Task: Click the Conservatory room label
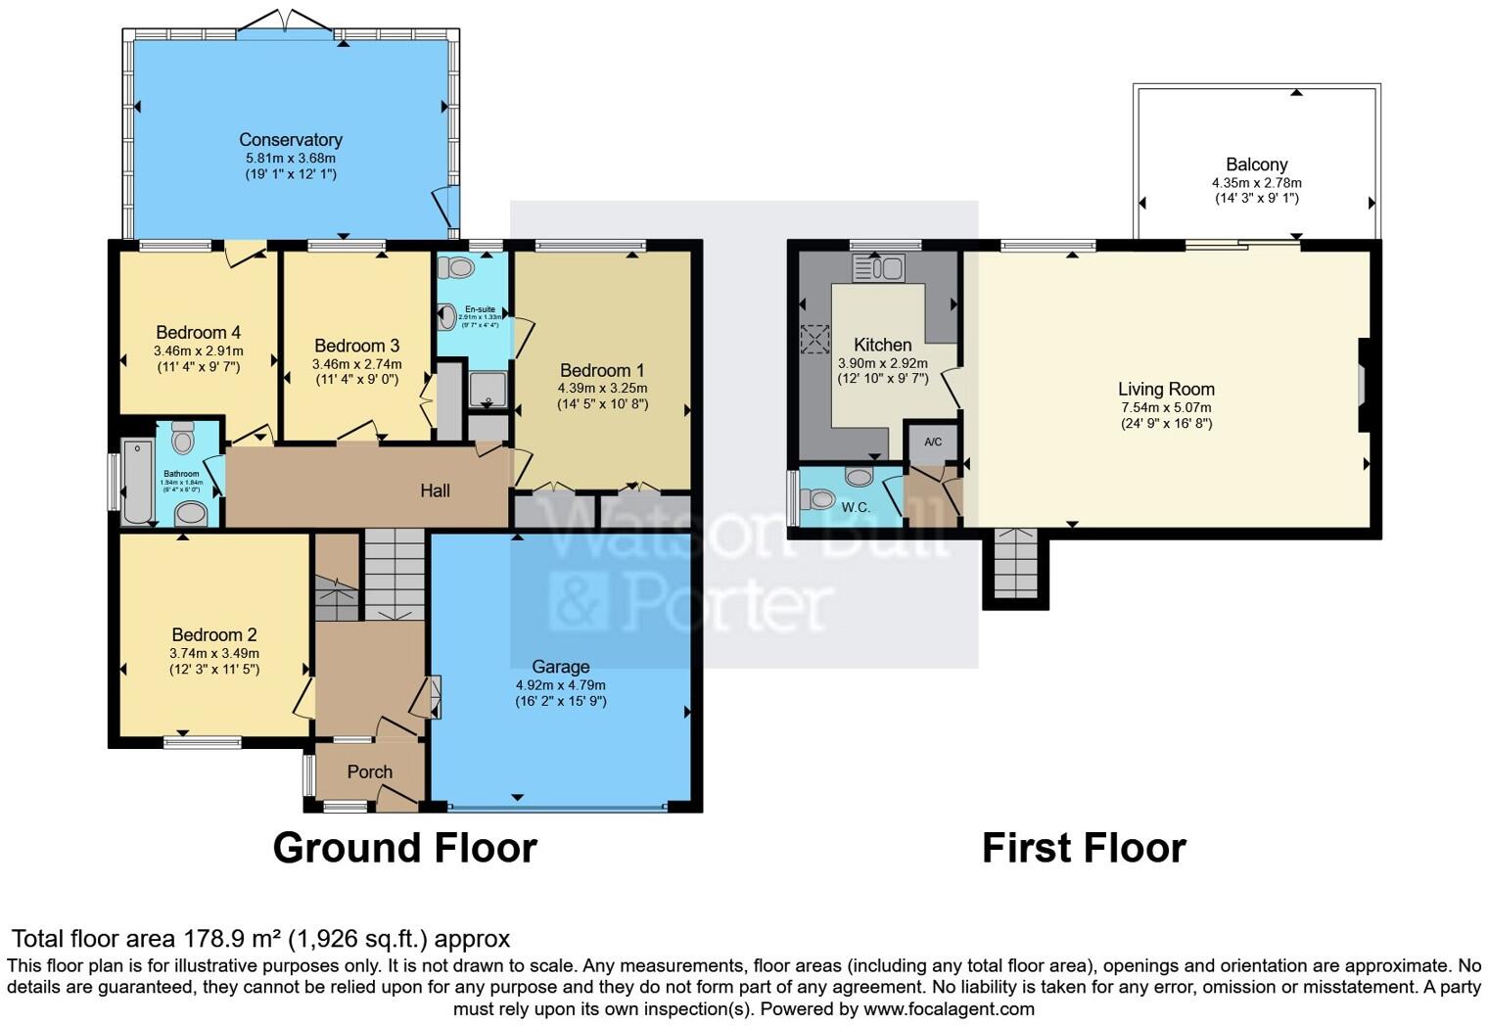coord(290,140)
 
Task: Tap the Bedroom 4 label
coord(198,333)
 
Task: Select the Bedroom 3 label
coord(356,346)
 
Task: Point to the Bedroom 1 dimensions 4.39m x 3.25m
coord(602,388)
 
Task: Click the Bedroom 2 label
coord(213,634)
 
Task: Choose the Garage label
coord(560,667)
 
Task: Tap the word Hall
coord(435,490)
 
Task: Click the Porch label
coord(369,772)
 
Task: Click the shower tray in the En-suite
coord(488,390)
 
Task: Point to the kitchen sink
coord(878,267)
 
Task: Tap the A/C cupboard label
coord(932,443)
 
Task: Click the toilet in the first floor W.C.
coord(818,499)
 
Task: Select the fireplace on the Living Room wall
coord(1362,385)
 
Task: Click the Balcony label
coord(1256,164)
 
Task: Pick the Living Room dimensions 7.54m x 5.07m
coord(1166,407)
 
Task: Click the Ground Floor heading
coord(404,848)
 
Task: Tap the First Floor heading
coord(1084,848)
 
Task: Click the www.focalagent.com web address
coord(949,1008)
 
